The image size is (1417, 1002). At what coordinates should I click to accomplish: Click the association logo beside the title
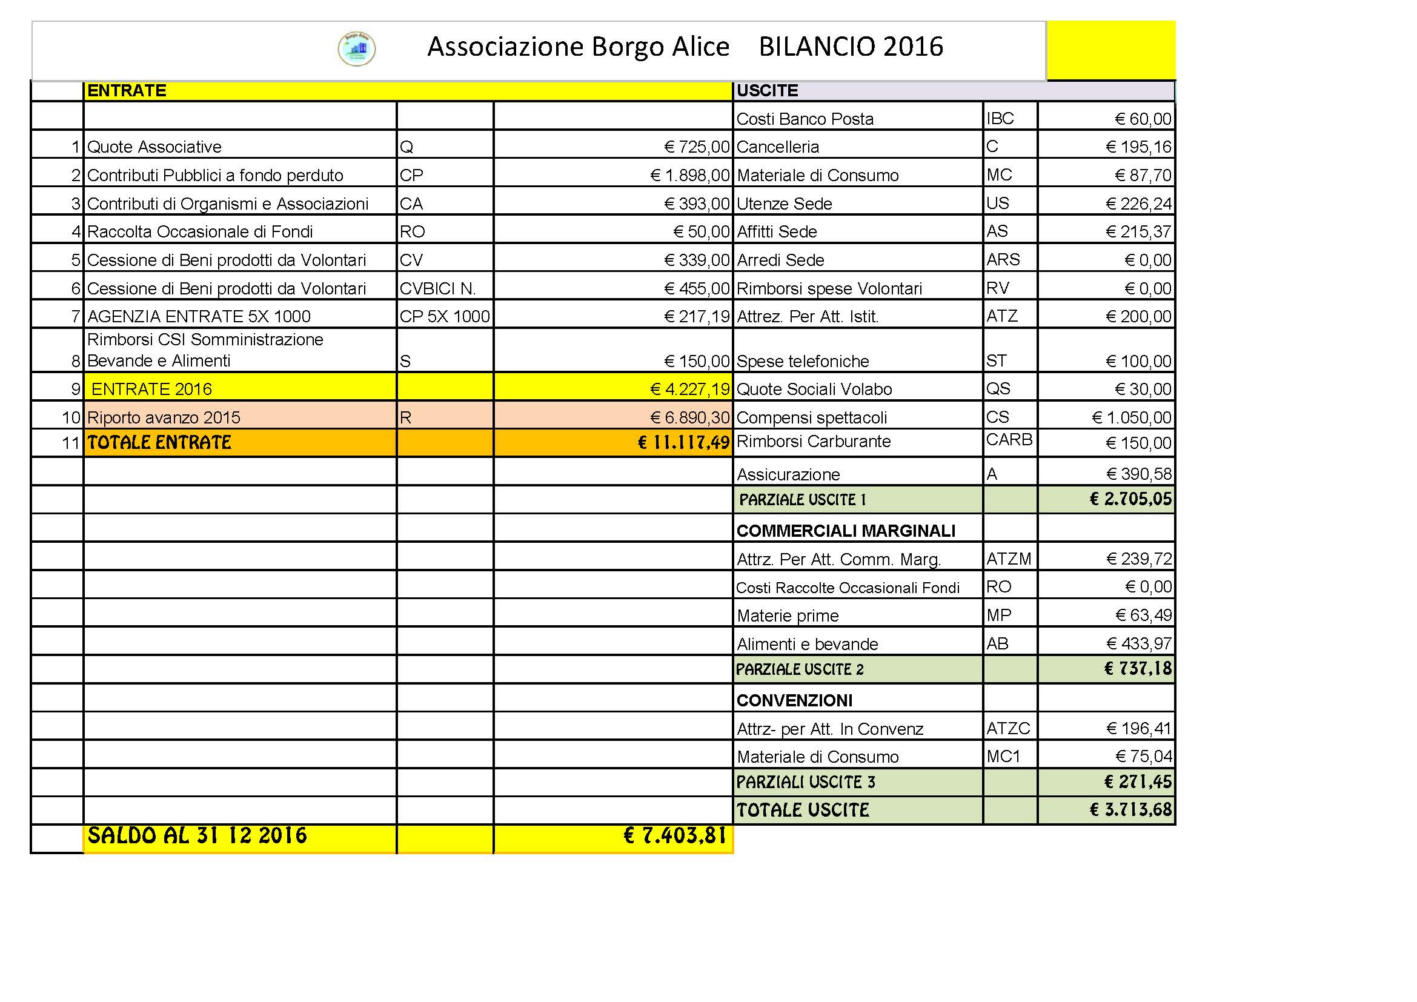tap(357, 48)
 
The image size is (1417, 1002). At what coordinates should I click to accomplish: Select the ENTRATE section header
tap(127, 91)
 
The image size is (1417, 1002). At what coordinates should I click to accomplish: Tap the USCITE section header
tap(767, 91)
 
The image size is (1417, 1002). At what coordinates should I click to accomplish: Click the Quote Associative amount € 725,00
tap(697, 147)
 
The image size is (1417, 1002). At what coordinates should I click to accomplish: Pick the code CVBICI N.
tap(437, 288)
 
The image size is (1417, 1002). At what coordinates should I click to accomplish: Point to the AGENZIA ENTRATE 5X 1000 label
tap(199, 316)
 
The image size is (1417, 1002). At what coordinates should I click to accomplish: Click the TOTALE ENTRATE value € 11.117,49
tap(683, 442)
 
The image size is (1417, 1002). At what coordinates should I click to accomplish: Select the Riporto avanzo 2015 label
tap(164, 418)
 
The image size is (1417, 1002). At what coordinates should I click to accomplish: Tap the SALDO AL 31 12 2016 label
tap(197, 835)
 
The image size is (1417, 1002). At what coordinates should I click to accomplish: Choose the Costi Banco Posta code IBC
tap(1000, 119)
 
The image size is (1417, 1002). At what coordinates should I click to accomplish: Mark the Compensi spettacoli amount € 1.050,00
tap(1131, 418)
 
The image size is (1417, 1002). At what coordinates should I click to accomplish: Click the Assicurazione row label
tap(788, 474)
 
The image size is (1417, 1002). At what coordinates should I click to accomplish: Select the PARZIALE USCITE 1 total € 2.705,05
tap(1130, 499)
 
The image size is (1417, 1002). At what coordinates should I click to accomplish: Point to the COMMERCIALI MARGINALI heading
tap(846, 531)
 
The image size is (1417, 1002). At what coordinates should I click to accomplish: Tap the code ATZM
tap(1009, 559)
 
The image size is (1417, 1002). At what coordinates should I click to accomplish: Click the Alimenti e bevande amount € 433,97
tap(1139, 643)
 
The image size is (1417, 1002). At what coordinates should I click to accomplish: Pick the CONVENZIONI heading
tap(794, 700)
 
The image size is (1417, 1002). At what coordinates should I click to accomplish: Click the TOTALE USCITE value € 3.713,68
tap(1130, 809)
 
